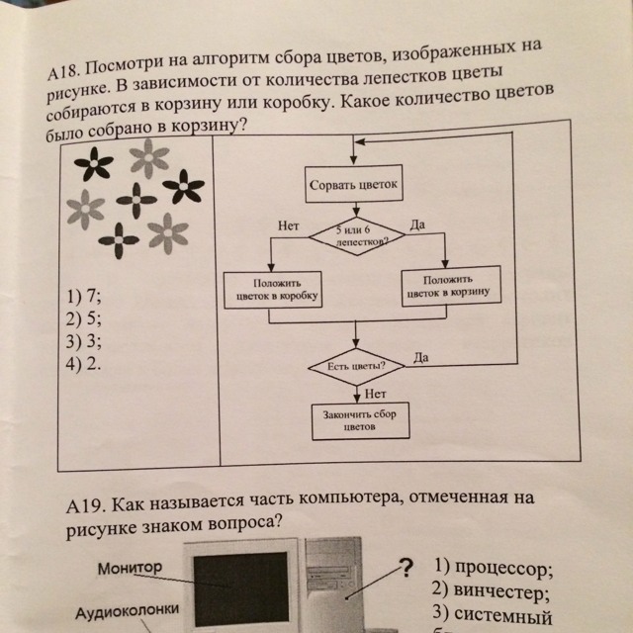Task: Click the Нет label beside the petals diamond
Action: tap(289, 226)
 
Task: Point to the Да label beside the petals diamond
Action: tap(415, 226)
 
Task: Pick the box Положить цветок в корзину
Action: tap(452, 286)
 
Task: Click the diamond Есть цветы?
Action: tap(357, 366)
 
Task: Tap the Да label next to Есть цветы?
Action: tap(422, 356)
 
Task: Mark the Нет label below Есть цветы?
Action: tap(374, 394)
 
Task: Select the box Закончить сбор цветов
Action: tap(360, 423)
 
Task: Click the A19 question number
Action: tap(84, 506)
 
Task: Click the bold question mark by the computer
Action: tap(405, 568)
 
